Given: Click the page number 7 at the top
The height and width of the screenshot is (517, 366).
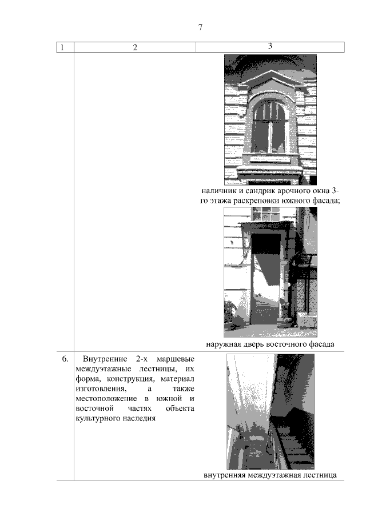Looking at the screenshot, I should click(200, 27).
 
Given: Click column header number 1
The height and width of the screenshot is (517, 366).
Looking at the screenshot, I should click(62, 47).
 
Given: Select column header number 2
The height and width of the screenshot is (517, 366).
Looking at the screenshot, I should click(135, 47).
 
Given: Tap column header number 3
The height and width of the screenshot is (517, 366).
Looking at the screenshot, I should click(270, 46).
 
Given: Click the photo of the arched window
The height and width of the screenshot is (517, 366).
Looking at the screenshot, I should click(270, 119).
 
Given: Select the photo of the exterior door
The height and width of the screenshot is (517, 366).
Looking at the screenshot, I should click(270, 272).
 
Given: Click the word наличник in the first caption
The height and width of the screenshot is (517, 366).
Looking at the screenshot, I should click(220, 191).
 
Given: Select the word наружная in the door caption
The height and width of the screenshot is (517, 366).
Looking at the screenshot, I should click(225, 344).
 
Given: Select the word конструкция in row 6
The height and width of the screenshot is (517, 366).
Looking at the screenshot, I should click(129, 379).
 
